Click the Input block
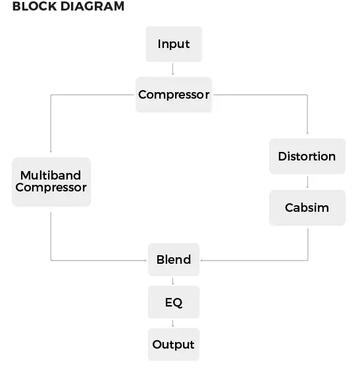pyautogui.click(x=173, y=44)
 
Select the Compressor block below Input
pyautogui.click(x=174, y=95)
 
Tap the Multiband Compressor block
pyautogui.click(x=51, y=181)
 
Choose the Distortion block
pyautogui.click(x=307, y=157)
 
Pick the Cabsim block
pyautogui.click(x=307, y=208)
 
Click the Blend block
pyautogui.click(x=174, y=260)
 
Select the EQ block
pyautogui.click(x=174, y=303)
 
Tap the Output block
pyautogui.click(x=174, y=345)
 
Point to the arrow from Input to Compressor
pyautogui.click(x=173, y=69)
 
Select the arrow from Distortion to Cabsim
pyautogui.click(x=307, y=182)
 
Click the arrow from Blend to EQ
pyautogui.click(x=173, y=282)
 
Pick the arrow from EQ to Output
pyautogui.click(x=173, y=324)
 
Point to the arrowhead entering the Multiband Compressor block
pyautogui.click(x=51, y=151)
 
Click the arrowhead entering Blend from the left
pyautogui.click(x=145, y=260)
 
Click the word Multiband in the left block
pyautogui.click(x=51, y=175)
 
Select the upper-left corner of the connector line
pyautogui.click(x=51, y=95)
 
